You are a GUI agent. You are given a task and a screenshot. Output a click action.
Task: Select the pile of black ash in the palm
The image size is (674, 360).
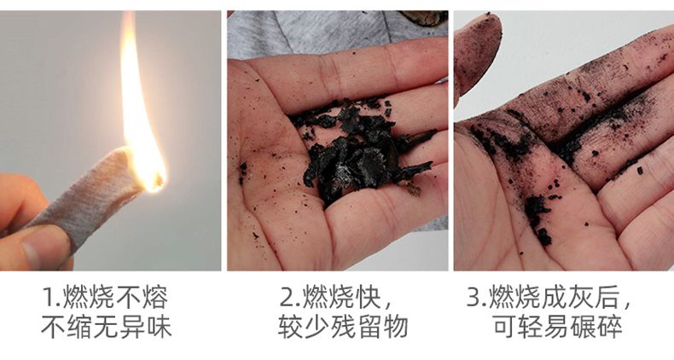coord(361,150)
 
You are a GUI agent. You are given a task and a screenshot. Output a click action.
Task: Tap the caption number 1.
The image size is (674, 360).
coord(49,298)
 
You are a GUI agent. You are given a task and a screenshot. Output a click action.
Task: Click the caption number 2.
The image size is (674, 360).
coord(288,298)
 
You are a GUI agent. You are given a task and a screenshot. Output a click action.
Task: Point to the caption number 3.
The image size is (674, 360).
coord(475,297)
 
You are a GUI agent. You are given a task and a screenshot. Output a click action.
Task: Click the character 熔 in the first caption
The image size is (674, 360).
coord(155,297)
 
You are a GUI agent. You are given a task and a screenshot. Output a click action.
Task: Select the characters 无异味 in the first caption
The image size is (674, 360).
coord(132,327)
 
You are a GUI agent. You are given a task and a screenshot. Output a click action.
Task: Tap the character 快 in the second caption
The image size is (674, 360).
coord(369,297)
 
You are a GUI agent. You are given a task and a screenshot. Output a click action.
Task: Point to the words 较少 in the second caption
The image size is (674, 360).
coord(304,327)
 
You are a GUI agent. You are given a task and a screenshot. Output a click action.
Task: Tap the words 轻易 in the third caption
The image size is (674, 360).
coord(543,327)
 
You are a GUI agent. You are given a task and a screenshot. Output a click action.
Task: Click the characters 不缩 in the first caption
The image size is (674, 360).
coord(67,327)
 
